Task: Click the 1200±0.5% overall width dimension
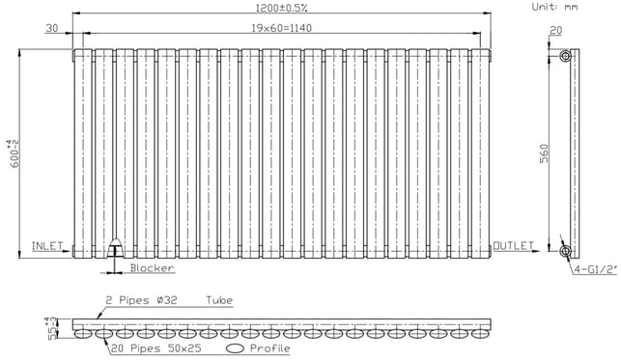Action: point(282,8)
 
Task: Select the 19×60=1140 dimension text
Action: point(282,28)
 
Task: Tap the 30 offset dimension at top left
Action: point(52,28)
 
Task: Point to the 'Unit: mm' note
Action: point(554,7)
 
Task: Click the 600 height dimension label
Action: point(14,153)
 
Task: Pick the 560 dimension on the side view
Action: point(544,153)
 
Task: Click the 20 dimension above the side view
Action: point(556,31)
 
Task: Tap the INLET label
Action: point(47,246)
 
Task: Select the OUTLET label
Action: point(513,246)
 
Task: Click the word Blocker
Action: point(152,268)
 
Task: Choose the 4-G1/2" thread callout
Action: point(596,270)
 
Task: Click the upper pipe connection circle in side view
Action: point(566,55)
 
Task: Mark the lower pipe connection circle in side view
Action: point(566,251)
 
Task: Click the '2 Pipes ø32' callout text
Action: point(141,300)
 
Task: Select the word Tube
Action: point(219,300)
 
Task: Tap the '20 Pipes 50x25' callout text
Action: point(156,348)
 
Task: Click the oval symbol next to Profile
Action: point(236,348)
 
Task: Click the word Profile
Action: point(270,348)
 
